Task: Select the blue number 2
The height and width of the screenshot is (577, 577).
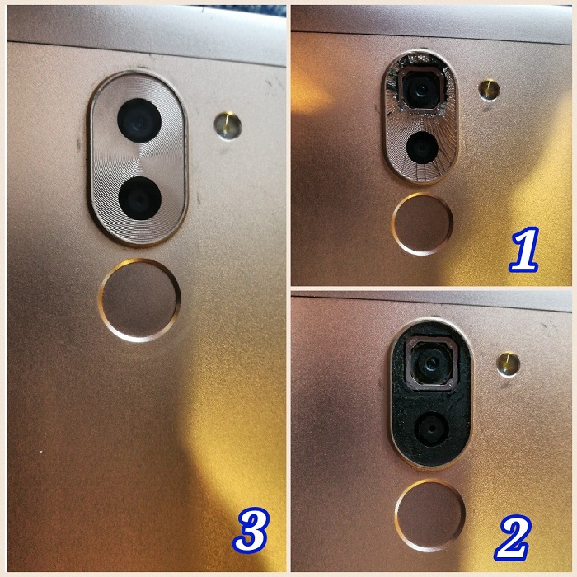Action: [x=513, y=537]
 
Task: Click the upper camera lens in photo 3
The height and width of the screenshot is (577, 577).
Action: [x=139, y=120]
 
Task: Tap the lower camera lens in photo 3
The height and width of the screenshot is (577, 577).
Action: [x=140, y=199]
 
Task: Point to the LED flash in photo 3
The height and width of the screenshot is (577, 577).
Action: [x=228, y=126]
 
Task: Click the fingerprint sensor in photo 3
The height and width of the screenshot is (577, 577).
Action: [x=139, y=300]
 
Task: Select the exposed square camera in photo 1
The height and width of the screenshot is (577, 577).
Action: [x=422, y=89]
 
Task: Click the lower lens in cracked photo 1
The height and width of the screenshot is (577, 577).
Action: [x=422, y=148]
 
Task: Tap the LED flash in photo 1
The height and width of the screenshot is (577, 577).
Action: [x=489, y=90]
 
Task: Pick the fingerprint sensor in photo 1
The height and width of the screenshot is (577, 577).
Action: [x=422, y=223]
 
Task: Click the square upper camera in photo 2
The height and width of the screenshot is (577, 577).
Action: [x=431, y=363]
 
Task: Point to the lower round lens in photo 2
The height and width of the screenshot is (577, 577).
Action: [x=431, y=429]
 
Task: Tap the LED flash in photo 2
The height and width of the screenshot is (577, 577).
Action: [x=509, y=364]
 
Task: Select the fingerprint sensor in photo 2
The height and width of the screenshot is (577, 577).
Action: [x=429, y=515]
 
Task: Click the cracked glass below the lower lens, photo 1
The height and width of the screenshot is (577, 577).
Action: [x=422, y=172]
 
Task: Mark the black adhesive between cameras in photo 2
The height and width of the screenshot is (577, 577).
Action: [x=431, y=401]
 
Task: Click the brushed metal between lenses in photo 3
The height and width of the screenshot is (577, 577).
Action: [x=138, y=159]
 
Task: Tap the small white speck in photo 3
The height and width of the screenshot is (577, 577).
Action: [x=41, y=452]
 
